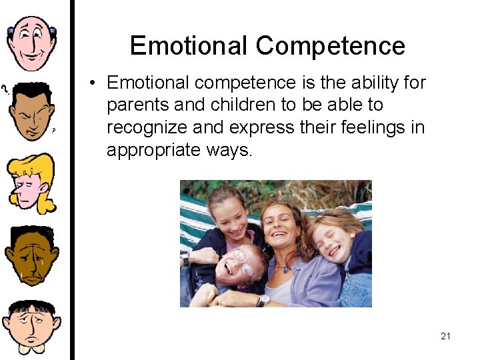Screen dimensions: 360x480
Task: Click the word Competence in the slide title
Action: pyautogui.click(x=330, y=45)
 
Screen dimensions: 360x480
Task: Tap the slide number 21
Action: pyautogui.click(x=445, y=336)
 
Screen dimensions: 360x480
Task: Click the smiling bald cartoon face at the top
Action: pyautogui.click(x=32, y=41)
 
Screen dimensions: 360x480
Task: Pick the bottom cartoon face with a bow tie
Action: pyautogui.click(x=31, y=327)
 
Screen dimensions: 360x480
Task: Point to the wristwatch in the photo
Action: pyautogui.click(x=262, y=301)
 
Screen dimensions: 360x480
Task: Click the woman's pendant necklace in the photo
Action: pyautogui.click(x=285, y=269)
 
